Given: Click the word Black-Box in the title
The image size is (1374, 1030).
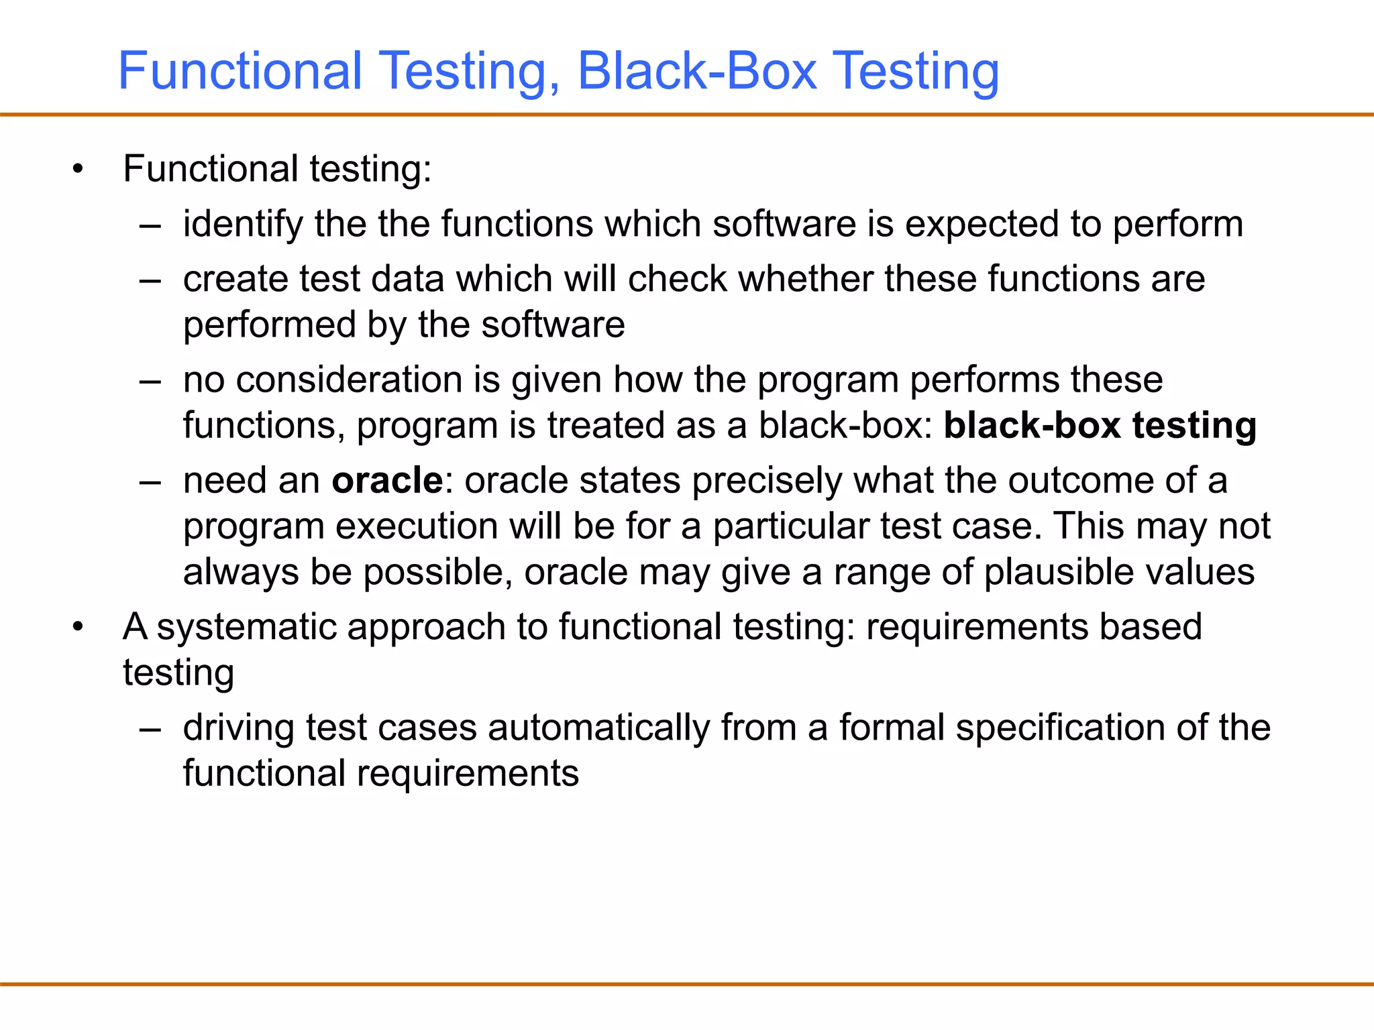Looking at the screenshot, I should (x=697, y=71).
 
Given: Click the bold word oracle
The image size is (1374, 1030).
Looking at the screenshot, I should (x=387, y=481).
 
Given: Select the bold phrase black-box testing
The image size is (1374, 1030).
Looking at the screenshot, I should (x=1100, y=426).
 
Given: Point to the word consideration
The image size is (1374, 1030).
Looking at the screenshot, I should (x=368, y=380).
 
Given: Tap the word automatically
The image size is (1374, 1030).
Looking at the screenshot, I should (x=598, y=728).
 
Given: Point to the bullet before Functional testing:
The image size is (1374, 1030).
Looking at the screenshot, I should (x=78, y=169).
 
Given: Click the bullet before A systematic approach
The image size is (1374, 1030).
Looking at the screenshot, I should (x=78, y=628).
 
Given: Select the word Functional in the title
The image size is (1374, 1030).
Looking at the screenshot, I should (x=240, y=71).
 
